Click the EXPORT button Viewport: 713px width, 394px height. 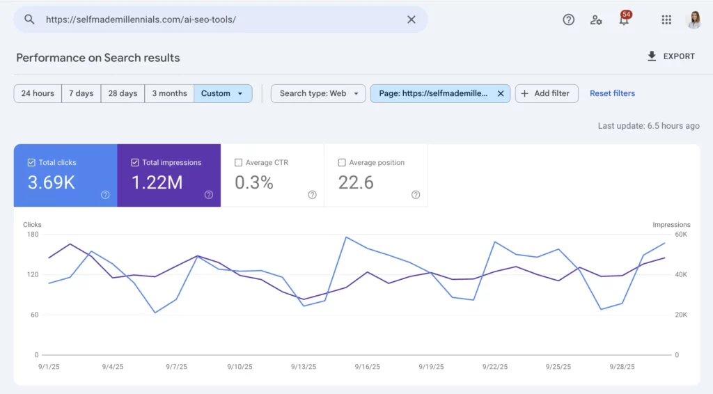click(x=671, y=56)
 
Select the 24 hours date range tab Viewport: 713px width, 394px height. click(x=38, y=93)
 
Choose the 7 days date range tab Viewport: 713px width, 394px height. click(x=81, y=93)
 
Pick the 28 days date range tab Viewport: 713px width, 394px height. click(x=123, y=93)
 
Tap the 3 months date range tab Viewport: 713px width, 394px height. click(x=169, y=93)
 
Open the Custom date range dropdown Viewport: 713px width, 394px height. click(x=223, y=93)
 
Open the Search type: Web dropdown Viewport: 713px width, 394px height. click(x=318, y=93)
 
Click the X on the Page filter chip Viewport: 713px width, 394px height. click(x=500, y=93)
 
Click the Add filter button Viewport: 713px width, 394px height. click(x=546, y=93)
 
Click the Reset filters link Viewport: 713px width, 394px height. click(x=612, y=93)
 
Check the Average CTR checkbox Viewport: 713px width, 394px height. click(x=239, y=163)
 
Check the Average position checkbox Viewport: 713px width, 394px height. click(x=342, y=163)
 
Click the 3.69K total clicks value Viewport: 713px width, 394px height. click(x=52, y=182)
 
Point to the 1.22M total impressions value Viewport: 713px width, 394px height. click(x=157, y=182)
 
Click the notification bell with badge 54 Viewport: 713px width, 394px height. click(x=624, y=20)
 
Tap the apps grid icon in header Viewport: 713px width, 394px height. click(x=666, y=20)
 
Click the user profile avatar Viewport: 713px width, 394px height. click(x=694, y=20)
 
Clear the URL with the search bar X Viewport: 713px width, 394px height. click(x=412, y=19)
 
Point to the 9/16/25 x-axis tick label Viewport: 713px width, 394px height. click(x=366, y=366)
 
